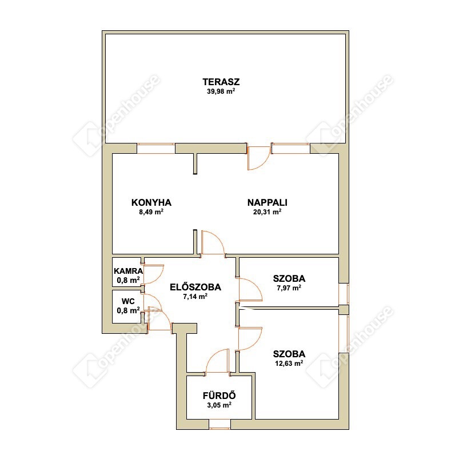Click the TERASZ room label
pos(221,82)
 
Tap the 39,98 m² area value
pos(221,91)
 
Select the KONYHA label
pos(151,202)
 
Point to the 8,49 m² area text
pos(151,212)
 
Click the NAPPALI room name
pos(268,202)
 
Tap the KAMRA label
pos(129,272)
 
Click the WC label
pos(128,301)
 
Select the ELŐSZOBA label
pos(195,287)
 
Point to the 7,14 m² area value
pos(195,297)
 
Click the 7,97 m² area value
pos(289,288)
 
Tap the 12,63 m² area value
pos(289,363)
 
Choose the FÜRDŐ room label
pos(219,396)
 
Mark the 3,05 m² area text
pos(219,405)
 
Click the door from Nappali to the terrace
pos(259,157)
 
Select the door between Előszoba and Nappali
pos(213,243)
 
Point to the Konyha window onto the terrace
pos(156,148)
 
